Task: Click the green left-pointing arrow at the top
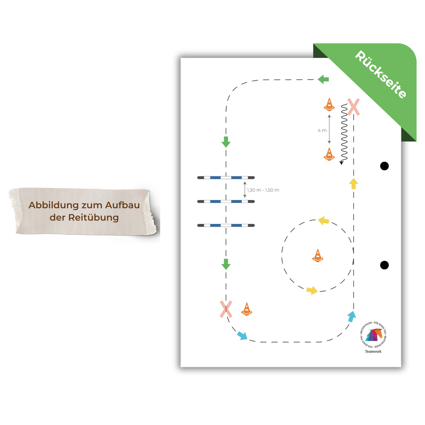[323, 79]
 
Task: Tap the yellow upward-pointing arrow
[353, 184]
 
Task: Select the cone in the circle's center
[318, 256]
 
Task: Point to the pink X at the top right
[354, 107]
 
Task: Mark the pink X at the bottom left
[226, 309]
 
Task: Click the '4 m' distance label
[322, 130]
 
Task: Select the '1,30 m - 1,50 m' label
[263, 190]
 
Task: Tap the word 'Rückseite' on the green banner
[381, 74]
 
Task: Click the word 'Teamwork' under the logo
[373, 351]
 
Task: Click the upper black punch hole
[384, 166]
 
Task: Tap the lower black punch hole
[384, 265]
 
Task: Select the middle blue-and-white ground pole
[226, 201]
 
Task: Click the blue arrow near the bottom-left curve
[242, 335]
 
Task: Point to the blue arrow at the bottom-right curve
[352, 316]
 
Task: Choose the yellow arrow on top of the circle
[324, 220]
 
